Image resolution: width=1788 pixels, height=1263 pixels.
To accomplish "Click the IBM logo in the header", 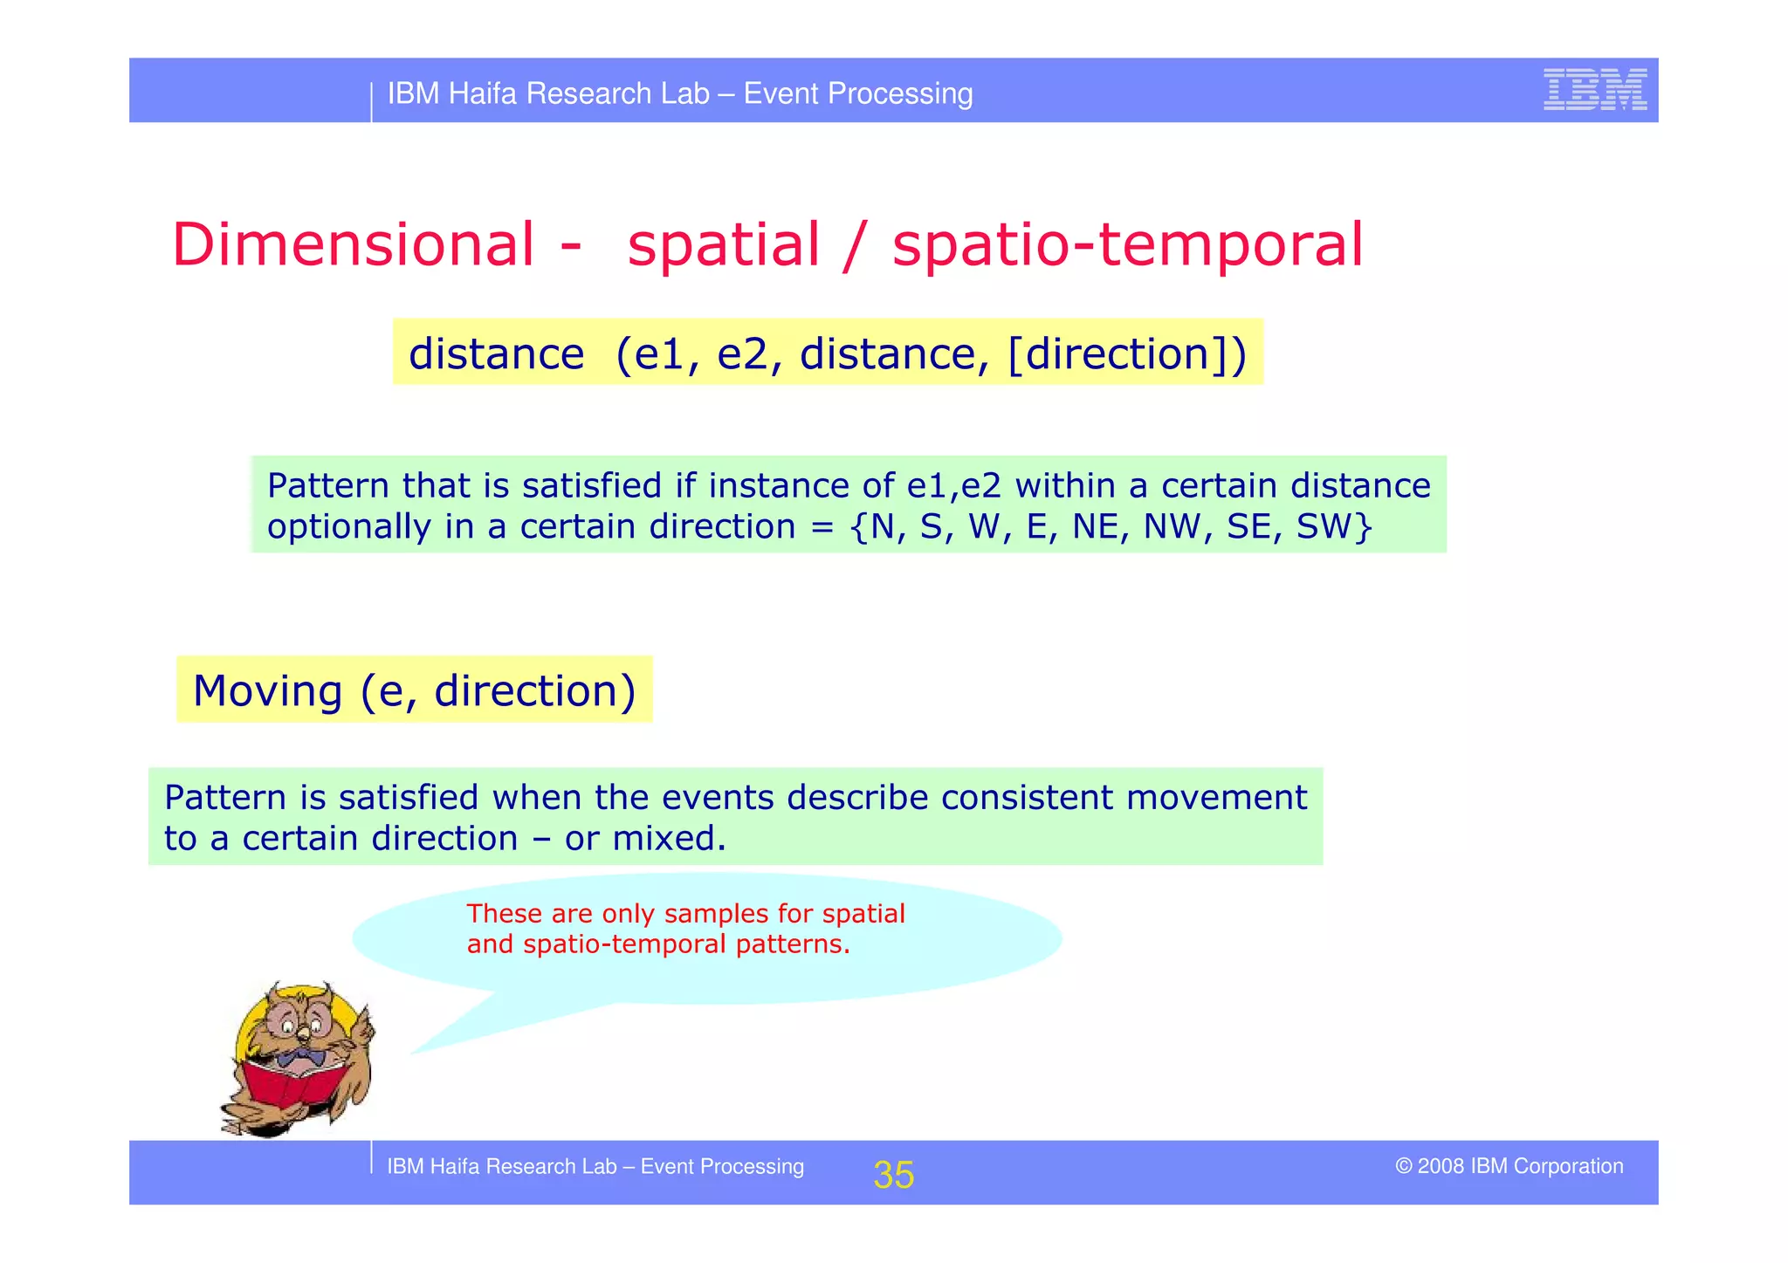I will coord(1594,89).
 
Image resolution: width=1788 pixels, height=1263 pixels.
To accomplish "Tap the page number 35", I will coord(893,1175).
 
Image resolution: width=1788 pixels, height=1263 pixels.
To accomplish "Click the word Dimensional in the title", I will coord(353,244).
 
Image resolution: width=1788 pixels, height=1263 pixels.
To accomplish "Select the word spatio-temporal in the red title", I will coord(1126,246).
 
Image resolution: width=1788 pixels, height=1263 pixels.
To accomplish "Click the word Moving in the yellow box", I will coord(267,690).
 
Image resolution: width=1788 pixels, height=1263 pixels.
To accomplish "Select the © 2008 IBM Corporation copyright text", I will coord(1509,1166).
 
